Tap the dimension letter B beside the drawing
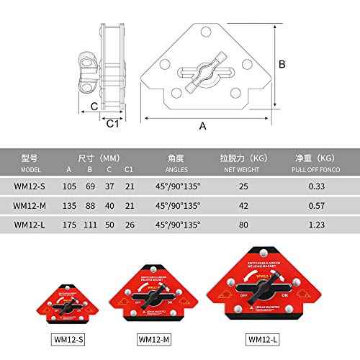(x=283, y=64)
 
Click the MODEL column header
(x=31, y=170)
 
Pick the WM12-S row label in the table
(x=30, y=186)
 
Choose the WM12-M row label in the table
(x=31, y=205)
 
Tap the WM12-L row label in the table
(x=31, y=224)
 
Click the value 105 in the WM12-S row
(x=69, y=186)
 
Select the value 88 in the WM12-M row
(x=89, y=205)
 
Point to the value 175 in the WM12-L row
(x=69, y=224)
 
